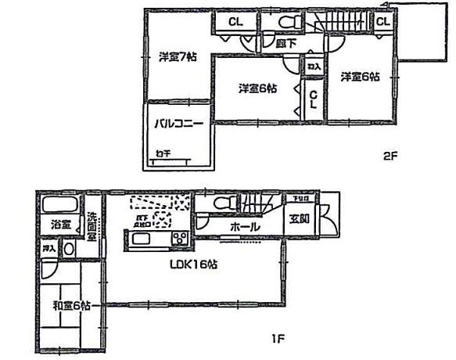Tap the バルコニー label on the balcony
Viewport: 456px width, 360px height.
pos(178,124)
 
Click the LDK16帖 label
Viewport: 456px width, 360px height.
pos(193,265)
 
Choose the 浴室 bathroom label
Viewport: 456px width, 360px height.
pos(58,225)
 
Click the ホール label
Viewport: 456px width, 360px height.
pos(245,226)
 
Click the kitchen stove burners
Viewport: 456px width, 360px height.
pos(179,238)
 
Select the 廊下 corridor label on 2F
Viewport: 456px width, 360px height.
pos(285,45)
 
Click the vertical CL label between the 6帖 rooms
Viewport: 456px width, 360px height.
pos(313,100)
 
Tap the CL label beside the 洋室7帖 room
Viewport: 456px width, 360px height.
pos(234,23)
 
